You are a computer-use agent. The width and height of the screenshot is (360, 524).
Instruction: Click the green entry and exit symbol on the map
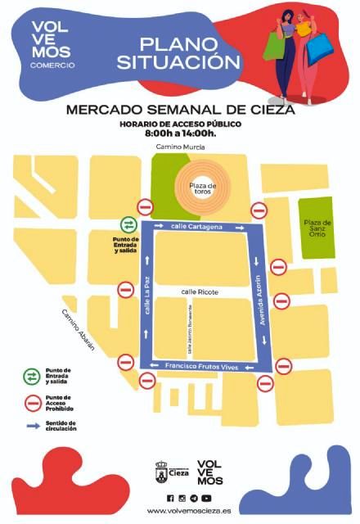tap(128, 224)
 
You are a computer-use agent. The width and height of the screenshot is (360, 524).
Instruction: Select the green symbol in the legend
tap(33, 376)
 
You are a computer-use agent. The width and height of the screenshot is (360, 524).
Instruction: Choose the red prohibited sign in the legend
tap(33, 401)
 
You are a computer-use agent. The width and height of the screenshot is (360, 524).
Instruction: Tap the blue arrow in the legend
tap(33, 426)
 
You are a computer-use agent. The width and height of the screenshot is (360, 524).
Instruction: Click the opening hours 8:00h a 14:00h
tap(180, 133)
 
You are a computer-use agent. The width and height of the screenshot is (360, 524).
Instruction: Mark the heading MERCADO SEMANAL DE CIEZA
tap(180, 109)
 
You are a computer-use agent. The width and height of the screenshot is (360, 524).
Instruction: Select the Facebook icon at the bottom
tap(170, 498)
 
